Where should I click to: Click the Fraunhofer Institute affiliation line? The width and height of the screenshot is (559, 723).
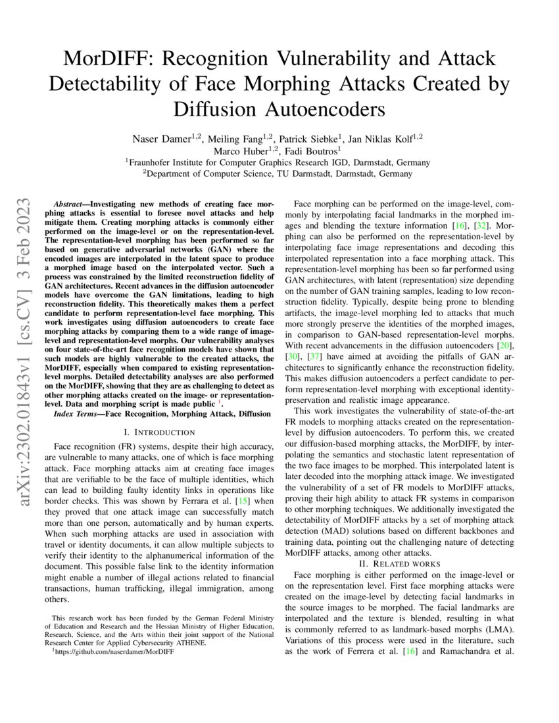coord(279,162)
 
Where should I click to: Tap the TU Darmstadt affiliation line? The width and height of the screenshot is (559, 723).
coord(279,174)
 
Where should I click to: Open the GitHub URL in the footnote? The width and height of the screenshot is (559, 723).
coord(116,651)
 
